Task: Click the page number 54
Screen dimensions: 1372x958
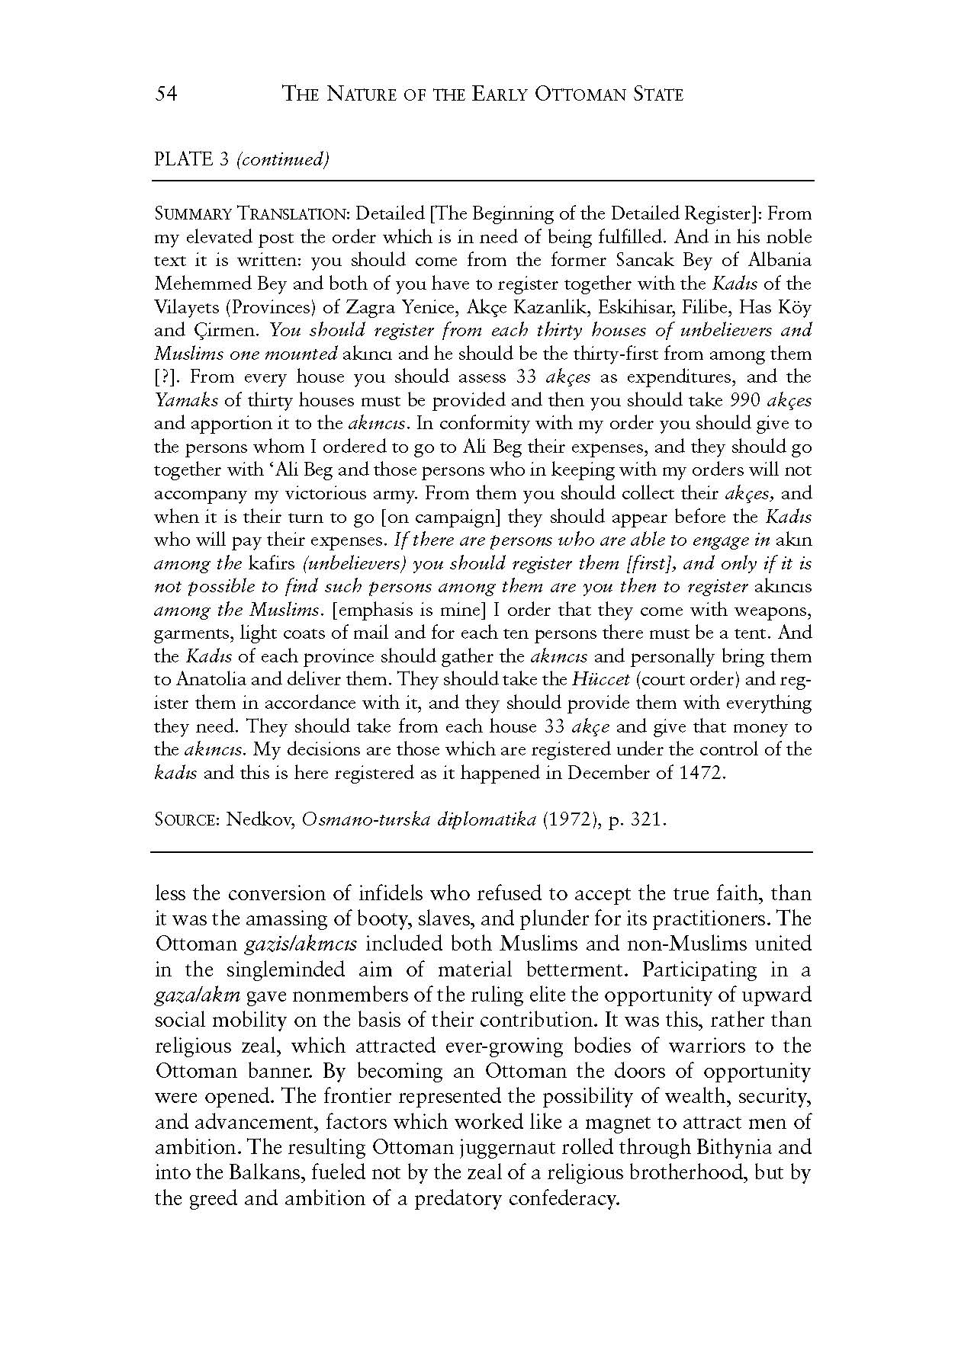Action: (x=166, y=95)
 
